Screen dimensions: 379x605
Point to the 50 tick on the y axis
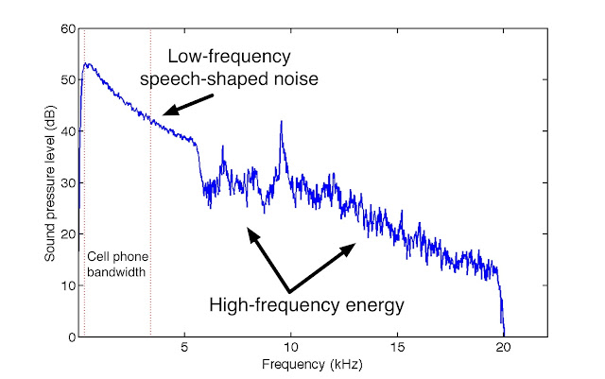pyautogui.click(x=68, y=80)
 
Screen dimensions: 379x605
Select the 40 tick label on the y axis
pyautogui.click(x=68, y=131)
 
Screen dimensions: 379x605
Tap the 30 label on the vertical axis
pyautogui.click(x=68, y=183)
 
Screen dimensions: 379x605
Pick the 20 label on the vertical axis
pyautogui.click(x=68, y=234)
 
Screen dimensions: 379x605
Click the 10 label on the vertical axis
pyautogui.click(x=68, y=285)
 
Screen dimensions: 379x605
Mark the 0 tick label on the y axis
pyautogui.click(x=71, y=337)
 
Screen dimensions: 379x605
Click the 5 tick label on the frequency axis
pyautogui.click(x=186, y=348)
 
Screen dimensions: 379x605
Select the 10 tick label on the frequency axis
pyautogui.click(x=292, y=348)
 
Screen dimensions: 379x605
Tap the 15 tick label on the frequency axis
pyautogui.click(x=398, y=348)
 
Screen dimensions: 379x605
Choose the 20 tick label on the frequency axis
pyautogui.click(x=504, y=348)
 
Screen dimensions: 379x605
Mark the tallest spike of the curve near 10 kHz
pyautogui.click(x=281, y=123)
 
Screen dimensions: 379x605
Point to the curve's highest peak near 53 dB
pyautogui.click(x=87, y=64)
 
